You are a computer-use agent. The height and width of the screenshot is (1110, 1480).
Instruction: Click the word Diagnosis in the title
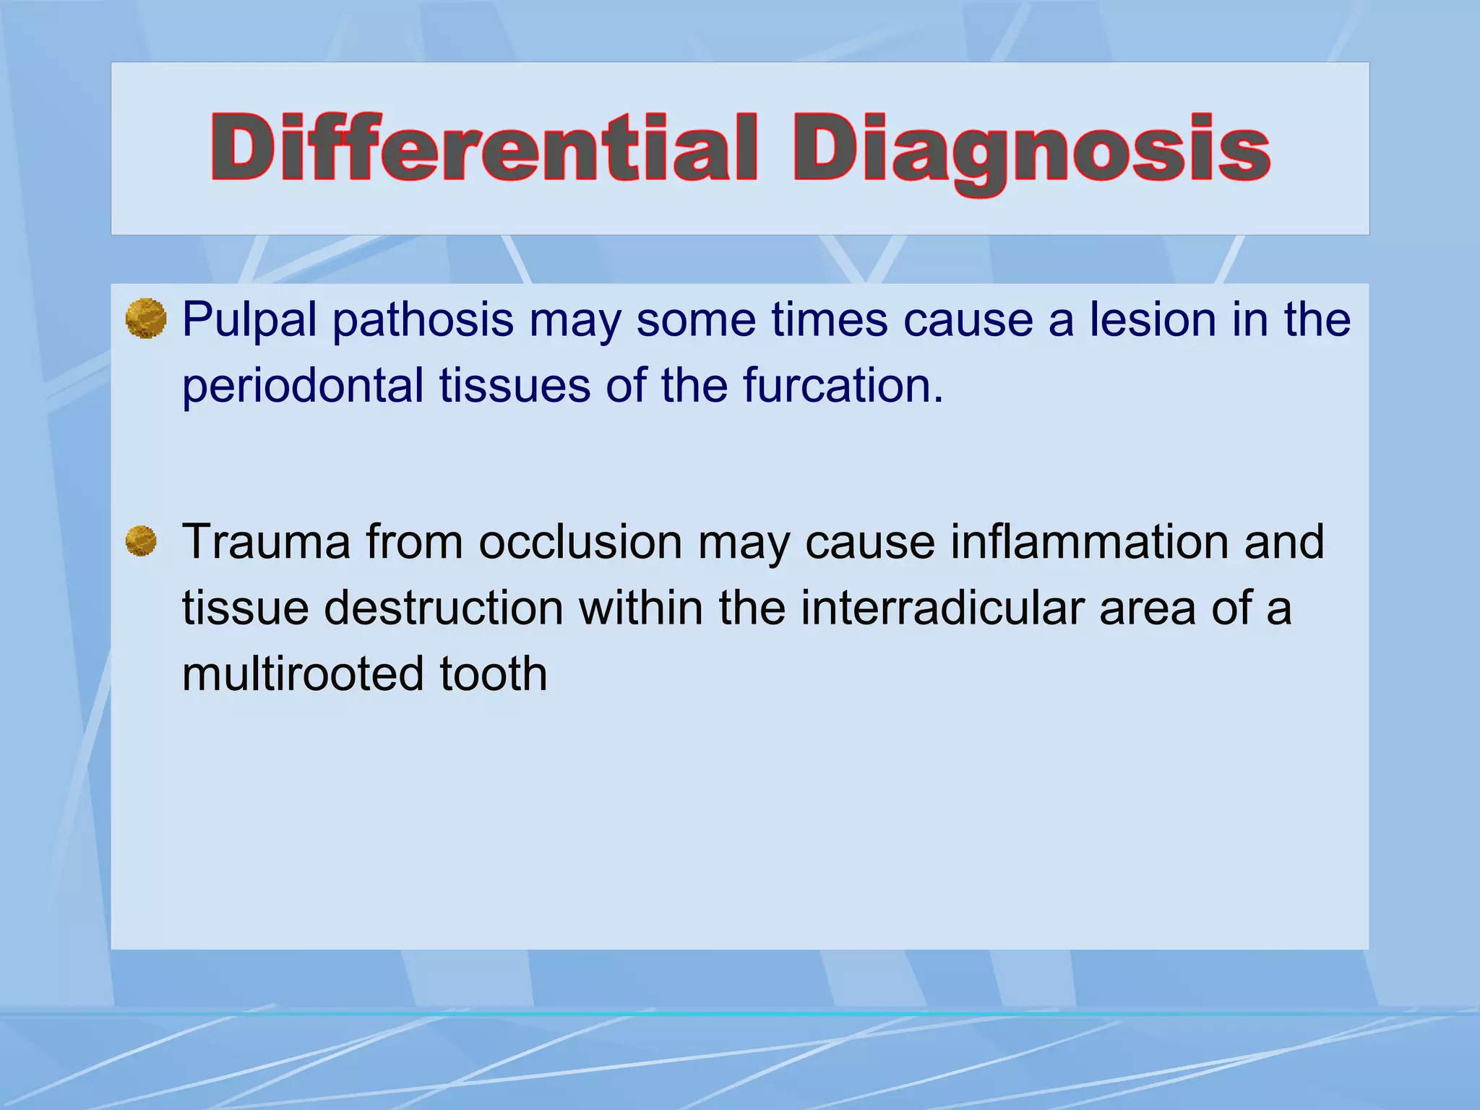[x=1031, y=148]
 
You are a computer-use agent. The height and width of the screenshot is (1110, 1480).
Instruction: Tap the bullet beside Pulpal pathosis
[x=146, y=319]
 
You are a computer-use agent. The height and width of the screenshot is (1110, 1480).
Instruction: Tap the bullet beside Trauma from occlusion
[x=141, y=541]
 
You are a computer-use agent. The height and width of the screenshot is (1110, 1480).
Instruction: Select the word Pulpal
[x=249, y=319]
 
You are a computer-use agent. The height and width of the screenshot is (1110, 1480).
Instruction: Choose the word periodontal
[x=302, y=385]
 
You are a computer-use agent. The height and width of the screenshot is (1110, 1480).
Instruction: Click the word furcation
[x=843, y=385]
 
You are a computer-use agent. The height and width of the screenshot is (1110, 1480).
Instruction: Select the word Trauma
[x=265, y=541]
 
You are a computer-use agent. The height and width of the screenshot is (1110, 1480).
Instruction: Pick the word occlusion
[x=580, y=541]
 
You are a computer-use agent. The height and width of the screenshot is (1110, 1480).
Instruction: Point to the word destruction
[x=443, y=608]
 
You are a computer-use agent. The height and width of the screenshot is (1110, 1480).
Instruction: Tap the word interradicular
[x=941, y=608]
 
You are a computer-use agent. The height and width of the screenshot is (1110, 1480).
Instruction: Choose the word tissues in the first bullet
[x=514, y=385]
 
